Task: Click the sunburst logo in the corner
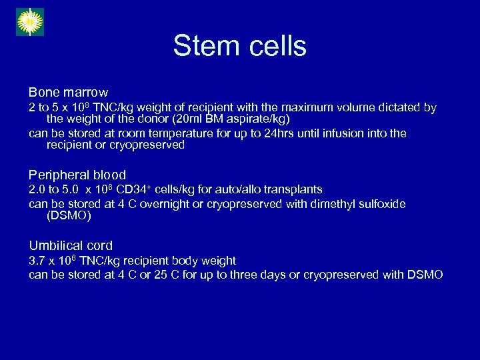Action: point(29,21)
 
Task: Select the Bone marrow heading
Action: point(68,92)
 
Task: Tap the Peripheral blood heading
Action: point(77,175)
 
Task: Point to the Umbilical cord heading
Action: point(71,245)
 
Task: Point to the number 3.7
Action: point(37,261)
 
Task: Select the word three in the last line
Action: point(243,275)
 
